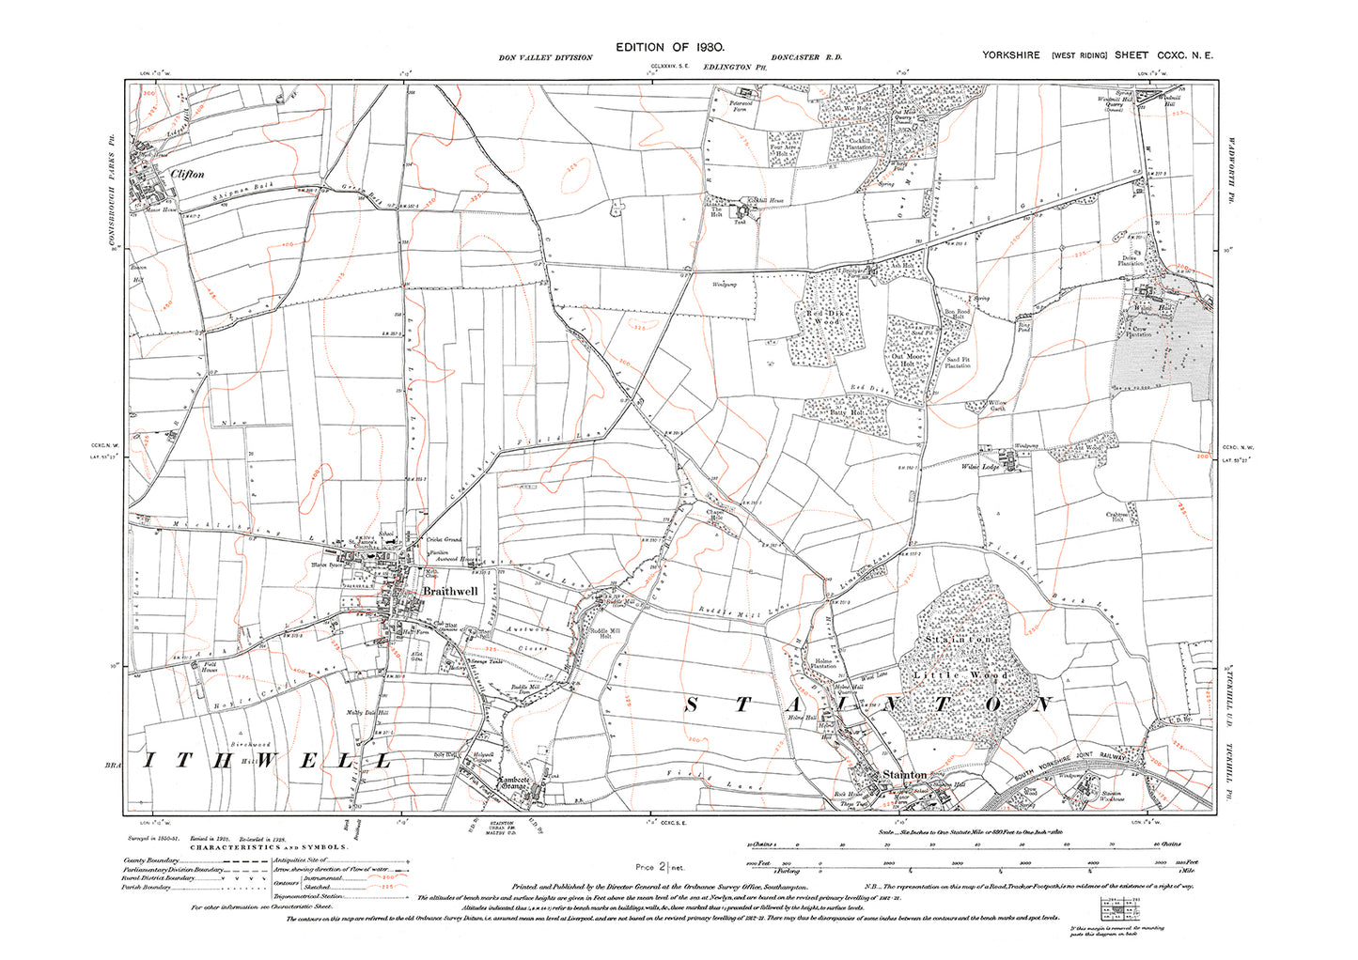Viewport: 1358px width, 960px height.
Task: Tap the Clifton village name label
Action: click(187, 175)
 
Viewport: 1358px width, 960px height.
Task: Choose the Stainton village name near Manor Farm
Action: click(904, 775)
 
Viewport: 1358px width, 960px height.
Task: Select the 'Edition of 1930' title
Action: click(670, 46)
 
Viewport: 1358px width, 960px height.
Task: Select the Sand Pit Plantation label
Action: click(958, 363)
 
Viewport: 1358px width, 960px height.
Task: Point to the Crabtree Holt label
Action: click(1117, 516)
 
